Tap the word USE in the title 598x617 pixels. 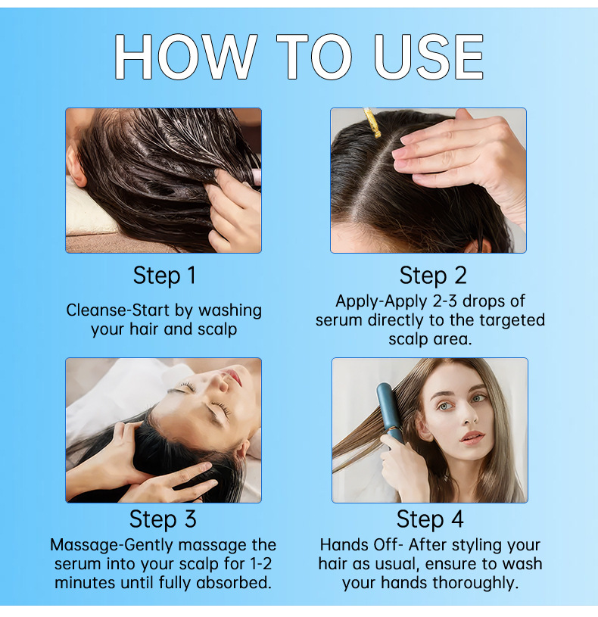click(x=429, y=58)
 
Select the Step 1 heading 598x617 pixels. click(x=164, y=276)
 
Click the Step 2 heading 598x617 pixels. click(x=433, y=276)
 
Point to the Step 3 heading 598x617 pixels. click(x=163, y=519)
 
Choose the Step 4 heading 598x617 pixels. click(x=430, y=519)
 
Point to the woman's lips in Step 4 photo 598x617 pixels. click(x=472, y=438)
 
